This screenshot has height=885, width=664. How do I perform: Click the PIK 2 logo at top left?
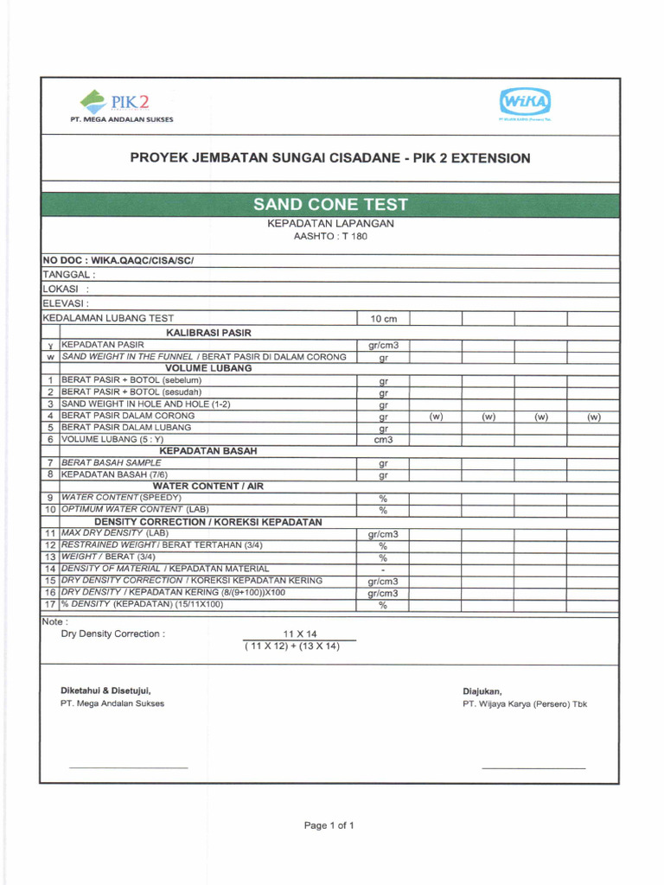120,105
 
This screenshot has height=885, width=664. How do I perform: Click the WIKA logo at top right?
524,105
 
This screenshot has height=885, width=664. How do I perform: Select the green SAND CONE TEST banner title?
329,205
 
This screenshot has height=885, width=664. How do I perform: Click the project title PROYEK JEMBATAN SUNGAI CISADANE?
329,158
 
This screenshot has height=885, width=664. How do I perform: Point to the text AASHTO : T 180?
330,236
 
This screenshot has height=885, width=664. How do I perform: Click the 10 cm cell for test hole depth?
382,320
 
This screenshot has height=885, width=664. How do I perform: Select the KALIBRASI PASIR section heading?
207,332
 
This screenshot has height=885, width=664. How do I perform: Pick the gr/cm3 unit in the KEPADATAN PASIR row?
382,345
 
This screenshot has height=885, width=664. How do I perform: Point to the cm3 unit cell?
382,440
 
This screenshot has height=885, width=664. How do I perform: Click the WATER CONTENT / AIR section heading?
207,487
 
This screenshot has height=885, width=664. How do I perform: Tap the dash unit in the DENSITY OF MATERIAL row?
382,570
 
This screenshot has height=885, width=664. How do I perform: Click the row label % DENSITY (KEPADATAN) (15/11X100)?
142,604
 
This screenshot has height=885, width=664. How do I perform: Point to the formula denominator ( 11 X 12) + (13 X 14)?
292,646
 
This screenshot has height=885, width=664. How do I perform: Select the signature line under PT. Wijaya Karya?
533,767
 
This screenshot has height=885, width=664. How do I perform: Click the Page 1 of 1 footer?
329,825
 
